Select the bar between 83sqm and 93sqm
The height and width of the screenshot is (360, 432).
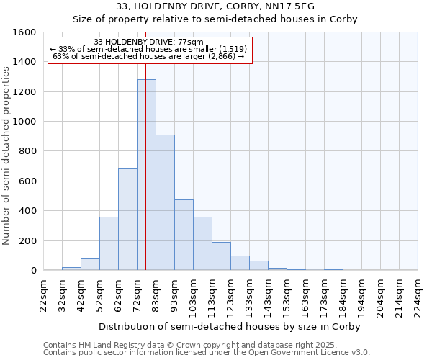[165, 202]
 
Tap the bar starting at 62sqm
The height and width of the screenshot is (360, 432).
[127, 220]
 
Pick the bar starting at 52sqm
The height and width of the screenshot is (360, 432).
[109, 243]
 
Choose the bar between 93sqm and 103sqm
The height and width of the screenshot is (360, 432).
[184, 235]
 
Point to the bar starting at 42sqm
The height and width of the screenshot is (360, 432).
[90, 264]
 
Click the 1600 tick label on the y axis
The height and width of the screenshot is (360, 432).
[24, 32]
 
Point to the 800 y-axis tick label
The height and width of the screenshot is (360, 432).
[27, 151]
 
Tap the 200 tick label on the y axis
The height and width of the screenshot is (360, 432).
[27, 240]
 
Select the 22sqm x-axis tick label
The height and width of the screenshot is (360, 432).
[44, 294]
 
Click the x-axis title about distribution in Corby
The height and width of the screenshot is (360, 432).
[230, 326]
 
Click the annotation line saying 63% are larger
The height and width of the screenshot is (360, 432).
[149, 55]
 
